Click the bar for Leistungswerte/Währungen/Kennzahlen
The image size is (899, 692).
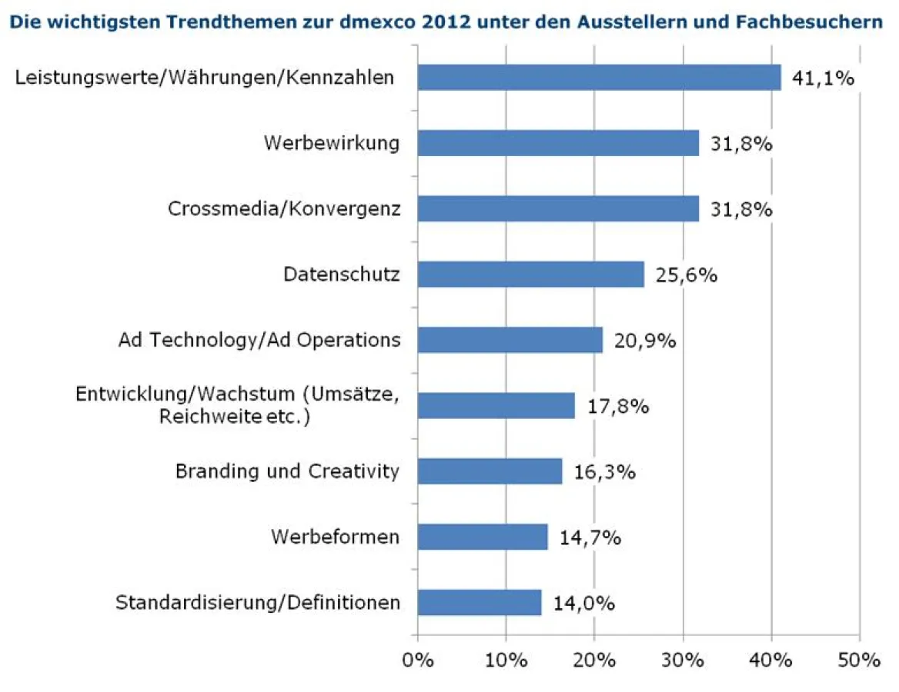(x=599, y=78)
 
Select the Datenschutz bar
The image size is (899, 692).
(x=530, y=274)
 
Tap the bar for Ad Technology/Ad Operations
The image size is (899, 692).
(x=510, y=340)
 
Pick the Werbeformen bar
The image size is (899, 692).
(x=483, y=537)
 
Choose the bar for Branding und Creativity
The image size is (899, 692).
(x=490, y=471)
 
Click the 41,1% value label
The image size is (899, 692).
(x=824, y=78)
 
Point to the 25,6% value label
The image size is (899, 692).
(x=686, y=275)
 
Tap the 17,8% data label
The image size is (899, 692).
(x=617, y=406)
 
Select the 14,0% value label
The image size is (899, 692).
(x=583, y=603)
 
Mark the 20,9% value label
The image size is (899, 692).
(x=645, y=341)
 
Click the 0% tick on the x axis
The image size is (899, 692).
(x=418, y=660)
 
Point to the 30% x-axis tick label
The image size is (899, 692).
(x=683, y=660)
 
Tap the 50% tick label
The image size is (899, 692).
(x=860, y=660)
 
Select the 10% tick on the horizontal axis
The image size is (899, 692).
(x=506, y=660)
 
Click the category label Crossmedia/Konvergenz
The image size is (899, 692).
(x=284, y=209)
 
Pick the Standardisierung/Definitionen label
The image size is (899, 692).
(x=258, y=602)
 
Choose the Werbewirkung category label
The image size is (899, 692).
(x=332, y=144)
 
